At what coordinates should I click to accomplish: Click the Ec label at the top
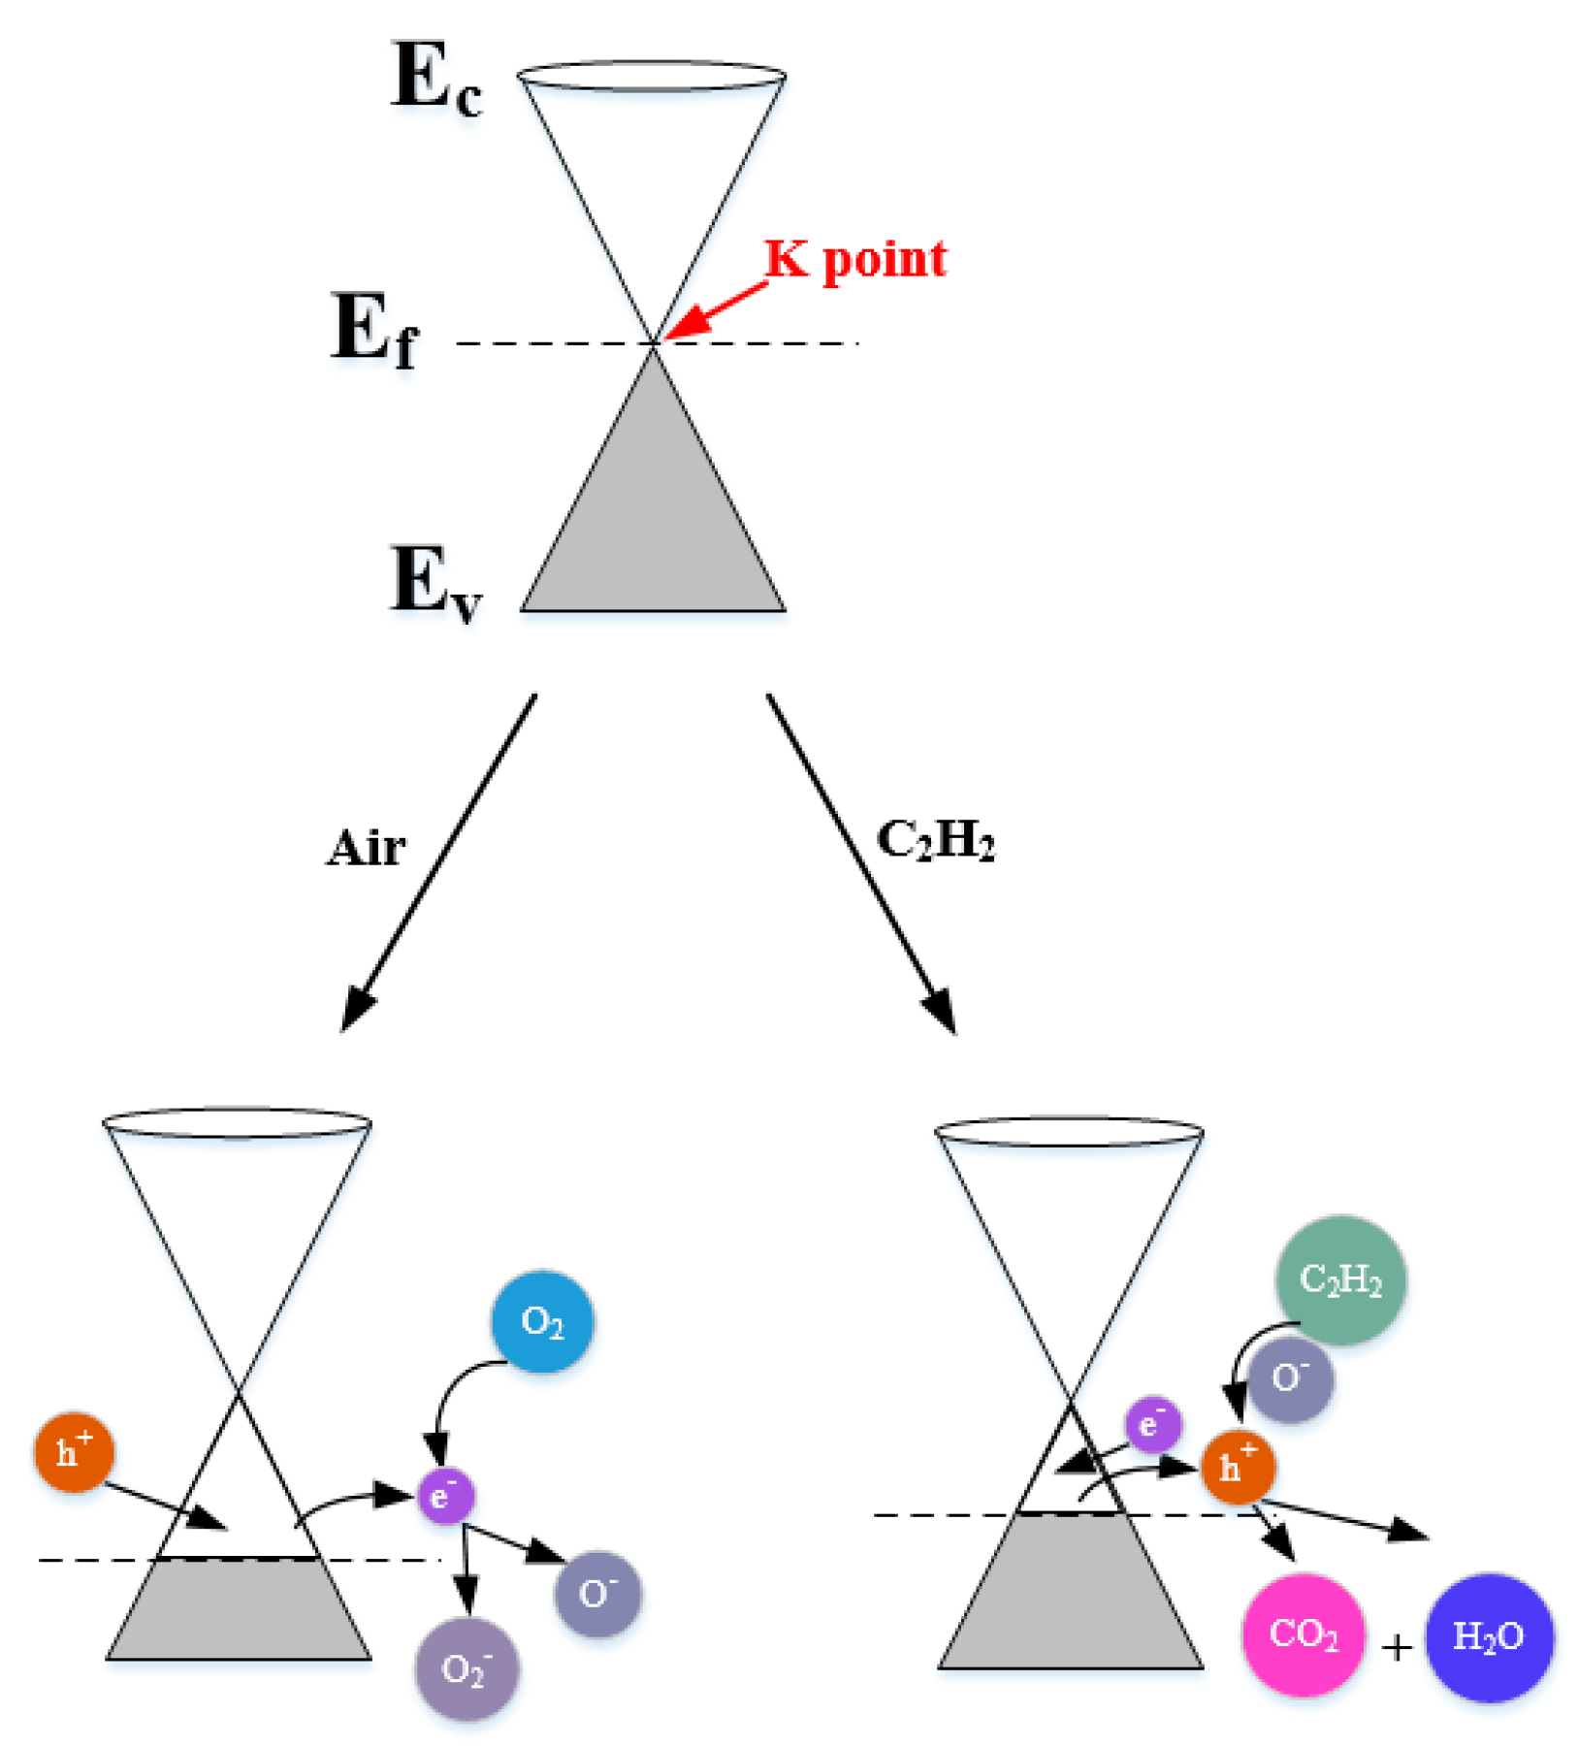[x=435, y=80]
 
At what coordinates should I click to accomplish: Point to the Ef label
[x=374, y=331]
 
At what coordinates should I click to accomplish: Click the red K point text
[x=854, y=259]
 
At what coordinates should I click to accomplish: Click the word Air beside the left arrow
[x=366, y=848]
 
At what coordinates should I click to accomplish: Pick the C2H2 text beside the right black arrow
[x=935, y=840]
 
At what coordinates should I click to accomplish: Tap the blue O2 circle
[x=541, y=1321]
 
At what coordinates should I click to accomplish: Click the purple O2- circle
[x=467, y=1668]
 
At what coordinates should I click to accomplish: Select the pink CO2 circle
[x=1303, y=1634]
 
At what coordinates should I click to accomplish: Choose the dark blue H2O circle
[x=1488, y=1636]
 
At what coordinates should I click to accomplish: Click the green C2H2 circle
[x=1340, y=1279]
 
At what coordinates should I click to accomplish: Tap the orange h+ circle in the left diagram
[x=74, y=1452]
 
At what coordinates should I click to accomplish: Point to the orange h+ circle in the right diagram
[x=1238, y=1467]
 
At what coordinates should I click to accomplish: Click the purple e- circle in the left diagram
[x=445, y=1496]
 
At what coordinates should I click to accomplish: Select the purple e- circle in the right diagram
[x=1152, y=1425]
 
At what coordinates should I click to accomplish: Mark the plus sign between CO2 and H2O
[x=1396, y=1646]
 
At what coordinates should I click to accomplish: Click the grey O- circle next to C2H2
[x=1290, y=1379]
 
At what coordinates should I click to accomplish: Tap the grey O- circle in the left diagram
[x=597, y=1594]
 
